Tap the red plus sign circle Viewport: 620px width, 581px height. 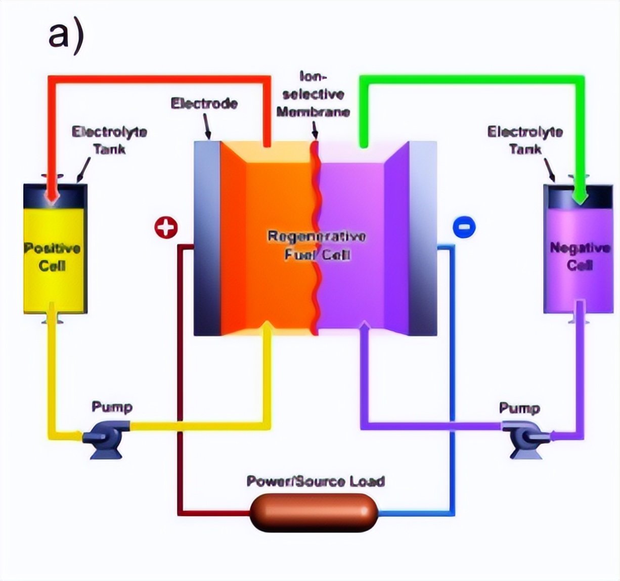click(x=166, y=227)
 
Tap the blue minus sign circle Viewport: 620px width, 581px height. click(x=464, y=226)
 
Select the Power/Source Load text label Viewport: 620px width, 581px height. click(x=316, y=481)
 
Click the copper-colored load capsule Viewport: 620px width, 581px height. click(x=314, y=513)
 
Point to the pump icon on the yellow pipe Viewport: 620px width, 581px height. click(x=105, y=438)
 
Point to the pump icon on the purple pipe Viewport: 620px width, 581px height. click(x=526, y=438)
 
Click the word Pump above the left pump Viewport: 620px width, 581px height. click(x=112, y=407)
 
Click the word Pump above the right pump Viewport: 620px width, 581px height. click(x=519, y=408)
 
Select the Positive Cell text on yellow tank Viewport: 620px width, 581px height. click(x=53, y=257)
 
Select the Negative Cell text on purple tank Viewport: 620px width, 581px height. click(x=580, y=256)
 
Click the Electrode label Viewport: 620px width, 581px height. click(x=204, y=104)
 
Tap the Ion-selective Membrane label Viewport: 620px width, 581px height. click(x=313, y=94)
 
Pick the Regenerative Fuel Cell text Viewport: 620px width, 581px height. click(x=317, y=245)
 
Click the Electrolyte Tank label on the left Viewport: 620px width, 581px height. click(x=109, y=140)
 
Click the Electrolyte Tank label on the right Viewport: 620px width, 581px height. click(x=525, y=140)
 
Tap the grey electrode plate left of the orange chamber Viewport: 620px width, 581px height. click(x=207, y=237)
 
